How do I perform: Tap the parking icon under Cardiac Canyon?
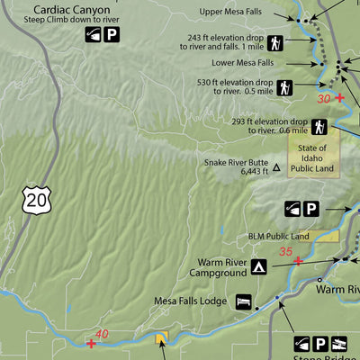point(112,35)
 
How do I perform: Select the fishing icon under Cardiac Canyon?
point(94,35)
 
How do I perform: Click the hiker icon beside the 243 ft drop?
point(274,42)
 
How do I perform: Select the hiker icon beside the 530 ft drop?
point(285,88)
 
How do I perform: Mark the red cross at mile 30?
point(339,96)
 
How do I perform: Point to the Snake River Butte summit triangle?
point(277,167)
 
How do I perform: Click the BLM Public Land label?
point(278,237)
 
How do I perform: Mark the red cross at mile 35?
point(298,260)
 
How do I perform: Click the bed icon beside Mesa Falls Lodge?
point(243,301)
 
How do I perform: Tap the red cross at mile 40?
point(91,343)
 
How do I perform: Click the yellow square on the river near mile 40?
point(162,338)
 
